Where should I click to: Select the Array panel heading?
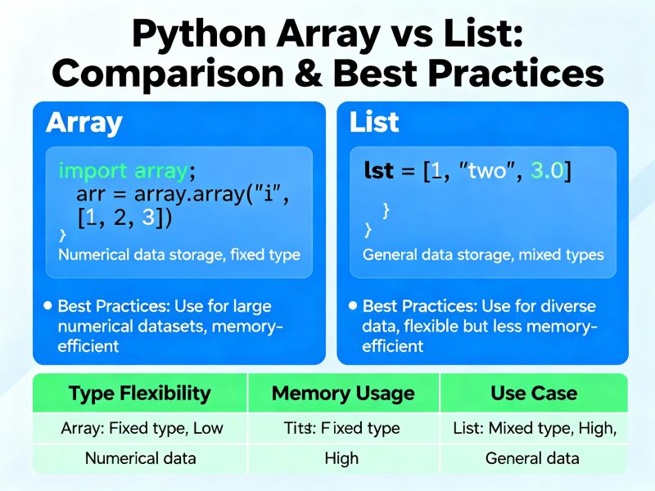[x=84, y=123]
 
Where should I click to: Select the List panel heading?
[x=373, y=123]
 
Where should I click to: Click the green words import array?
[x=124, y=171]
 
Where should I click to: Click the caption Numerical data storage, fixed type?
[x=178, y=255]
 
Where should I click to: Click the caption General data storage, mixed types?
[x=482, y=255]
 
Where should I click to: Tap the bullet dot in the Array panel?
[x=50, y=305]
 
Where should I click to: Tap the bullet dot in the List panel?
[x=353, y=305]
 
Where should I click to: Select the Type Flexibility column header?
[x=139, y=394]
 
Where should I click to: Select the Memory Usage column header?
[x=343, y=394]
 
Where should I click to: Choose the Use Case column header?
[x=533, y=394]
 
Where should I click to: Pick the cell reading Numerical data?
[x=141, y=457]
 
